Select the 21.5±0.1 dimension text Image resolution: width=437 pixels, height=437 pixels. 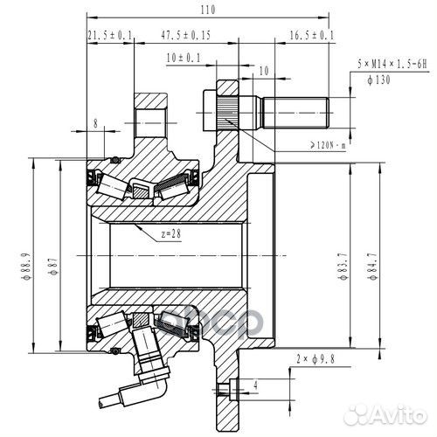[110, 35]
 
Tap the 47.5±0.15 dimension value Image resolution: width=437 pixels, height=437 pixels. [185, 36]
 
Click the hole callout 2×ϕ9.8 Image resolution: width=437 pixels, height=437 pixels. [316, 358]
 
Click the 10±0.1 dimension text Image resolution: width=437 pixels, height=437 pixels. [183, 59]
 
